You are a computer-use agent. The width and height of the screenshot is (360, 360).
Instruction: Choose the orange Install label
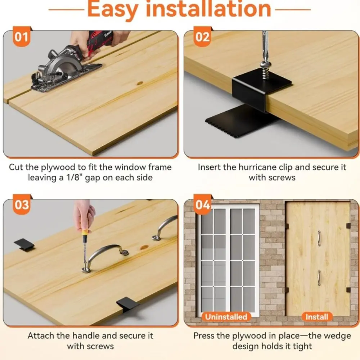tap(316, 317)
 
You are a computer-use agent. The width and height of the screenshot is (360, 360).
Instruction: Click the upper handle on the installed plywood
tap(319, 238)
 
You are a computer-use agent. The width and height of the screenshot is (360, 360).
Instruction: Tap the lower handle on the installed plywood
tap(319, 278)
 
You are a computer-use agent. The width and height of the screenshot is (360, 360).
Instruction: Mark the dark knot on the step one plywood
tap(140, 83)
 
